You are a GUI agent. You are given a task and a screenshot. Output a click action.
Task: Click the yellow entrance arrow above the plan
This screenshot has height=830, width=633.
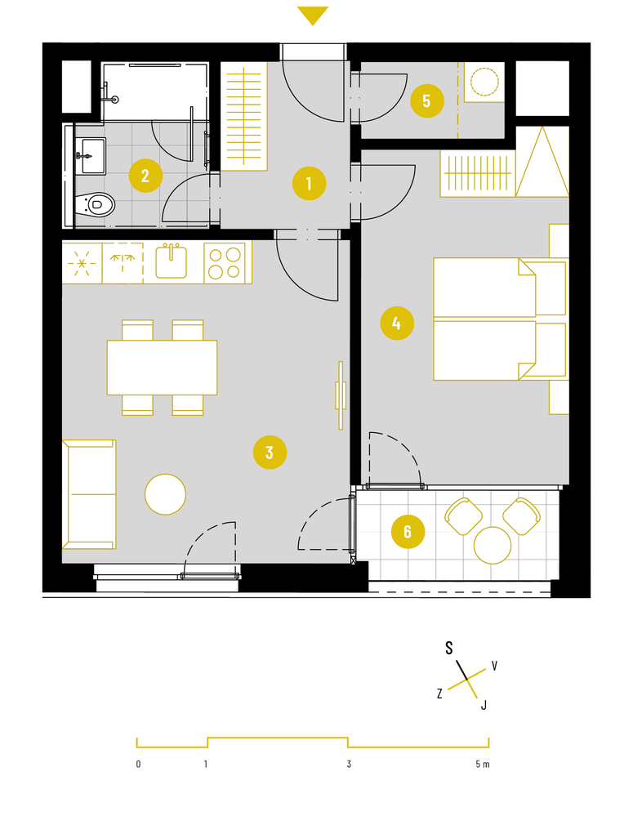pyautogui.click(x=313, y=16)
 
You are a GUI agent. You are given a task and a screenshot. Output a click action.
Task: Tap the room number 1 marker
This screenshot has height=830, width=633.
pyautogui.click(x=309, y=184)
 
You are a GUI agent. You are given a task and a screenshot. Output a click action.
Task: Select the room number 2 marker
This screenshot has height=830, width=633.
pyautogui.click(x=145, y=175)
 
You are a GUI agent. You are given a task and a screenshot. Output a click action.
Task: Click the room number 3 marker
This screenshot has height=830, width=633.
pyautogui.click(x=270, y=453)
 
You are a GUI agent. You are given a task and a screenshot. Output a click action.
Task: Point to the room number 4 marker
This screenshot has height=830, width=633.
pyautogui.click(x=397, y=323)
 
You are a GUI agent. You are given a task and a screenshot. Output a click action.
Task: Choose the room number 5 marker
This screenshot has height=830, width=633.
pyautogui.click(x=427, y=100)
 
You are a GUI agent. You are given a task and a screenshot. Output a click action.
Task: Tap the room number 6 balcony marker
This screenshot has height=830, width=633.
pyautogui.click(x=408, y=532)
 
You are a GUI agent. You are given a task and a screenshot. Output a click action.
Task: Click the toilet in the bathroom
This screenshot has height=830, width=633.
pyautogui.click(x=95, y=203)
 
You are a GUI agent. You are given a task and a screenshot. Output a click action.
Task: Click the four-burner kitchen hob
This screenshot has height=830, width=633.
pyautogui.click(x=225, y=264)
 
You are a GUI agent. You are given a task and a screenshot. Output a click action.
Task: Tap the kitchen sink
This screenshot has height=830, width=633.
pyautogui.click(x=171, y=261)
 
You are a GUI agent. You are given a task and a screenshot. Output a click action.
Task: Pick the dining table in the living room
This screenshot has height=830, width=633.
pyautogui.click(x=162, y=368)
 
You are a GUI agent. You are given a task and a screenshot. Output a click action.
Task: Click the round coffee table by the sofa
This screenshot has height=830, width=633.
pyautogui.click(x=166, y=494)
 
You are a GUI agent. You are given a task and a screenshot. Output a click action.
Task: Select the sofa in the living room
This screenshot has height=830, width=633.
pyautogui.click(x=89, y=494)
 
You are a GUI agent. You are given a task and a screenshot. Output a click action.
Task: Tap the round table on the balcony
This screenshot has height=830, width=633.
pyautogui.click(x=493, y=546)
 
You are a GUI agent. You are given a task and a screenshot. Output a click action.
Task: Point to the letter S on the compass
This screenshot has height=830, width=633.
pyautogui.click(x=449, y=648)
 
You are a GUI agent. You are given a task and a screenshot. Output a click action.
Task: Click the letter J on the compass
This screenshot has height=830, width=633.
pyautogui.click(x=484, y=705)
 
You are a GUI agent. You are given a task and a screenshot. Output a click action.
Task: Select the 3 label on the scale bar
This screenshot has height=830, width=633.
pyautogui.click(x=349, y=764)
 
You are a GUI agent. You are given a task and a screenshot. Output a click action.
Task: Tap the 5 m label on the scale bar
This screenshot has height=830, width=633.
pyautogui.click(x=482, y=764)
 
